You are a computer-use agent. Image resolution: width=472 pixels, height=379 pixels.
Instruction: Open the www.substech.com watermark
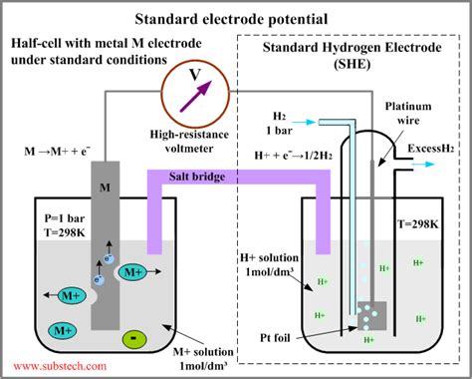click(x=60, y=367)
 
